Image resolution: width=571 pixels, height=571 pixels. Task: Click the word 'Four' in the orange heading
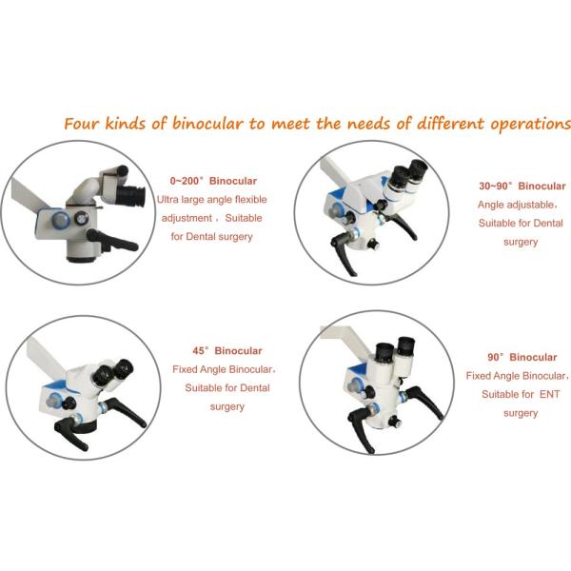pos(80,125)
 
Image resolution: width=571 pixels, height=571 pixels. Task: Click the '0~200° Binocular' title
pos(212,180)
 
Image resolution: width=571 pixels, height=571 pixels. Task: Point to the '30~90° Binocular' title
pos(522,186)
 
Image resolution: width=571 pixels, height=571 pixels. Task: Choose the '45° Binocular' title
pos(226,350)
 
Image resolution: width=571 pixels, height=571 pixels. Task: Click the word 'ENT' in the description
pos(545,394)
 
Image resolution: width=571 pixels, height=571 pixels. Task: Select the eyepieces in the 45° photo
pos(117,370)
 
